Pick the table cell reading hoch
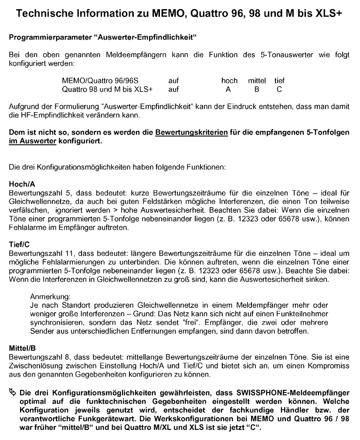[229, 81]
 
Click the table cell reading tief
[279, 81]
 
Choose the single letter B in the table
[257, 89]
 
